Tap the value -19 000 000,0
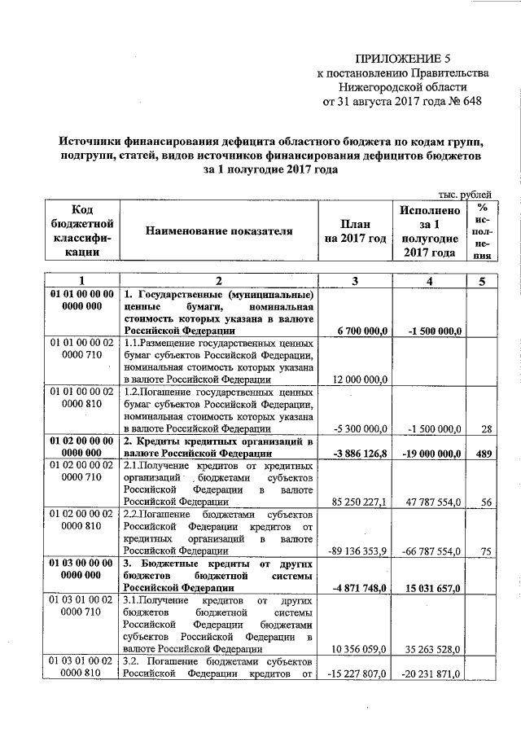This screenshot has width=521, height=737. click(x=428, y=454)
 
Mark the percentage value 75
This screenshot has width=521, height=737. click(x=484, y=551)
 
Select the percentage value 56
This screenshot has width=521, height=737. click(x=484, y=502)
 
